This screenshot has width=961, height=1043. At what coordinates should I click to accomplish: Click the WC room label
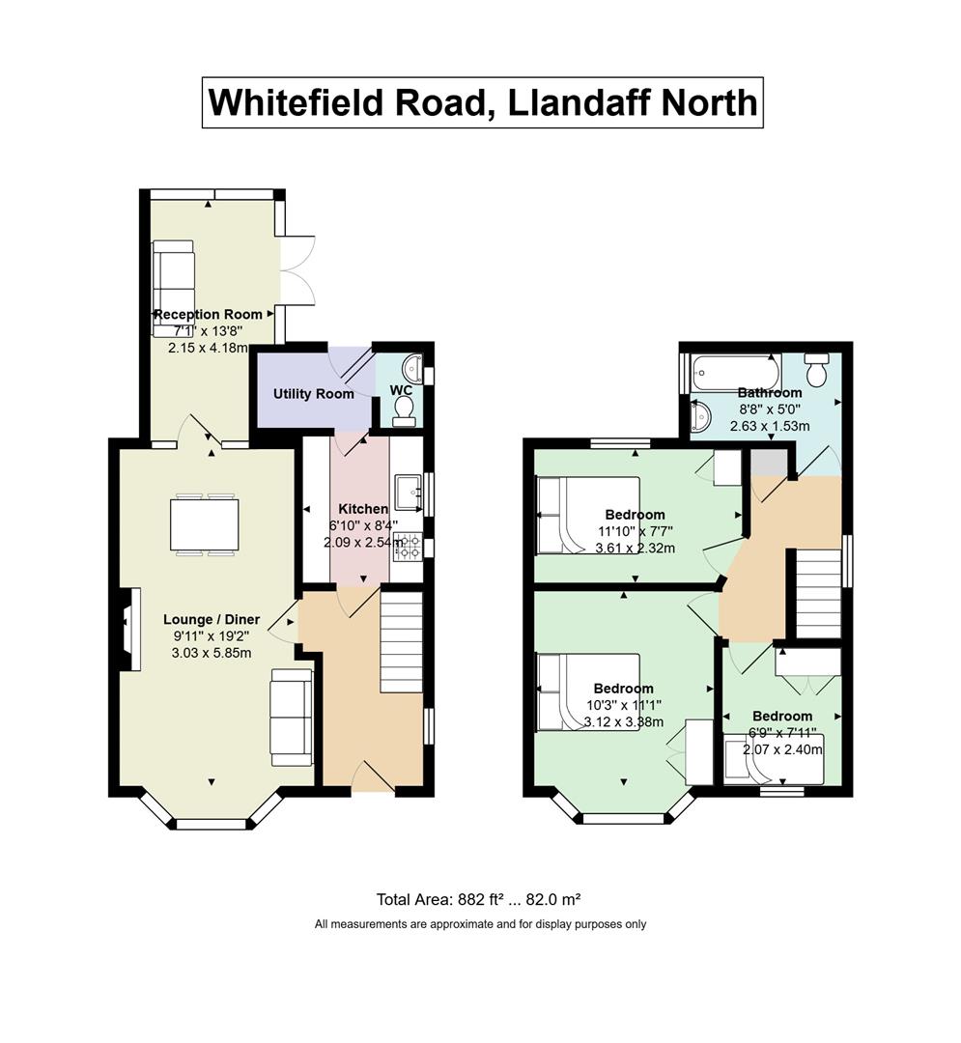[401, 389]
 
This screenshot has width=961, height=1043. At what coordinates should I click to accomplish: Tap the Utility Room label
[313, 394]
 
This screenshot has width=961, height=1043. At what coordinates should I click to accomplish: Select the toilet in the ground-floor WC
[404, 410]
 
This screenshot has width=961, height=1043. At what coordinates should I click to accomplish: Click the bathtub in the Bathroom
[736, 373]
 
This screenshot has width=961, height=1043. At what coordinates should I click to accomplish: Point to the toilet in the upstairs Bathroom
[816, 369]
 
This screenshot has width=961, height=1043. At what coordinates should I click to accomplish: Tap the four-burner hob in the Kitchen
[407, 547]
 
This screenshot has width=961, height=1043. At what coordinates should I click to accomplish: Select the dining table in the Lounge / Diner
[204, 524]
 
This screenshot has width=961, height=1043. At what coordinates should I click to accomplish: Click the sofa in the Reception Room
[173, 289]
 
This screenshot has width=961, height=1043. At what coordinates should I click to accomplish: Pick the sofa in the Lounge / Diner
[292, 717]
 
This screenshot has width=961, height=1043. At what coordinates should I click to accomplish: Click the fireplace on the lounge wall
[130, 629]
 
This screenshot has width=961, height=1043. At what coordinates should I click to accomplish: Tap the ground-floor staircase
[402, 642]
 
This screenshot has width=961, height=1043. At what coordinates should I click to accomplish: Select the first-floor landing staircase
[819, 594]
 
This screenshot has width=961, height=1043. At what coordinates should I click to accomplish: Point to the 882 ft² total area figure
[471, 899]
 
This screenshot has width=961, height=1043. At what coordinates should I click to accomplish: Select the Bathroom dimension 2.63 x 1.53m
[770, 426]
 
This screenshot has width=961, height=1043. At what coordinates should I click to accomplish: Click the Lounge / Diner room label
[212, 619]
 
